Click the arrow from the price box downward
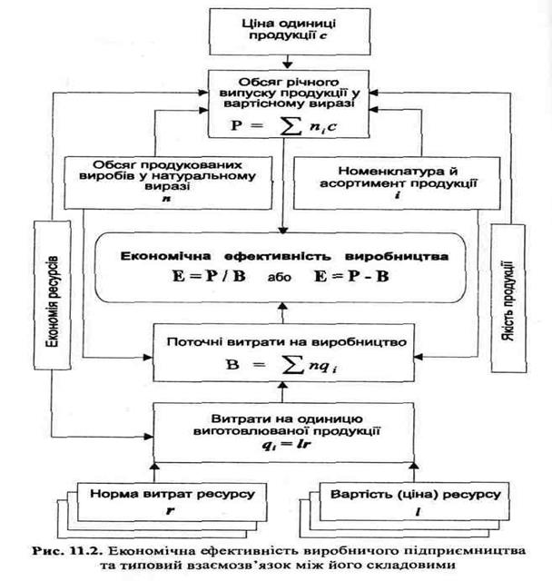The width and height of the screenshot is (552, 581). pyautogui.click(x=287, y=62)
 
